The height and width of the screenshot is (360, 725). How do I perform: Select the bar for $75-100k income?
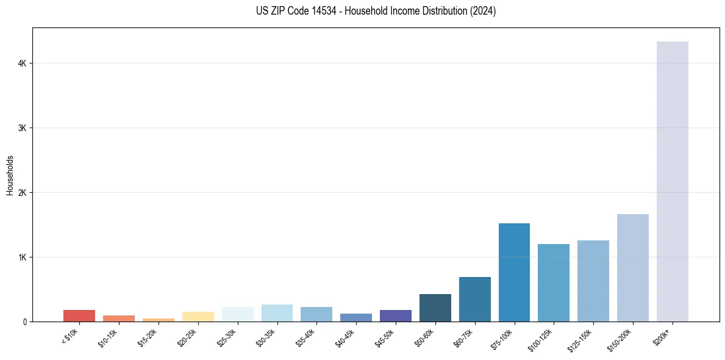point(514,272)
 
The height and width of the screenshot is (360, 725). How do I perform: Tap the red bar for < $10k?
point(79,315)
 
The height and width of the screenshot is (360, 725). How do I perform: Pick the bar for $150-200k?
point(632,268)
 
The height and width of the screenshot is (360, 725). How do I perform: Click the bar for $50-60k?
point(435,308)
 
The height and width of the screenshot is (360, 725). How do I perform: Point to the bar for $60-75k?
point(474,299)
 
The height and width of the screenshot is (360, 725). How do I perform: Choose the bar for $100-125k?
point(554,283)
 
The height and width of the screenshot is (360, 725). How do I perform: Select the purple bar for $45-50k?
point(396,315)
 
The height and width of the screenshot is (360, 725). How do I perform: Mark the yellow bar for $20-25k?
point(198,317)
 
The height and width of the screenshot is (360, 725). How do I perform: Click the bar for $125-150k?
point(593,281)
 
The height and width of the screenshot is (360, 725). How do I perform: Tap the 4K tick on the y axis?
point(23,63)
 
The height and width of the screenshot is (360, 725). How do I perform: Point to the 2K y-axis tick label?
point(23,193)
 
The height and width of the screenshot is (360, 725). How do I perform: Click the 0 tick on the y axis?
point(25,322)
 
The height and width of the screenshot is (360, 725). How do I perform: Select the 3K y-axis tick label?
point(23,128)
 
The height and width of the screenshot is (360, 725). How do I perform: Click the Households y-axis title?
point(10,175)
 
